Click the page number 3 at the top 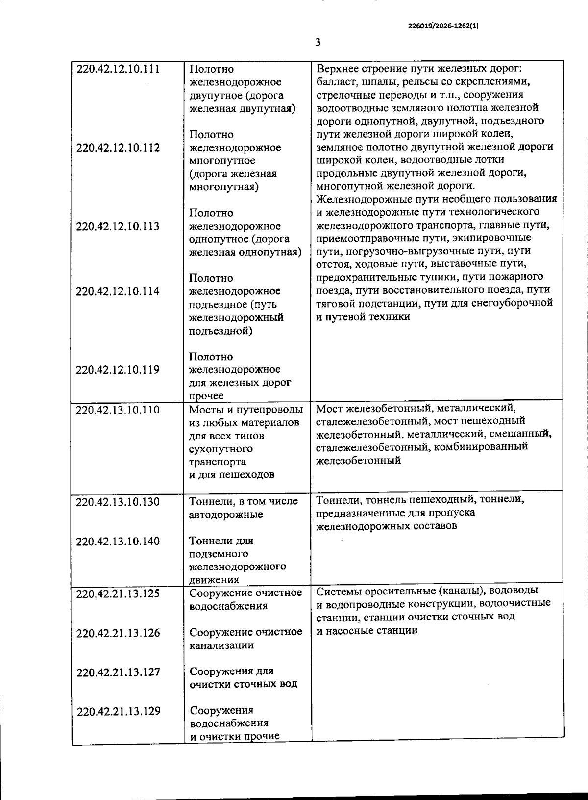tap(318, 43)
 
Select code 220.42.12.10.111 tap(118, 69)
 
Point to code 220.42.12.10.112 tap(118, 148)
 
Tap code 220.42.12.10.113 tap(118, 226)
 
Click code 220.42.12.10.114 tap(118, 291)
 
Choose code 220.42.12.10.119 tap(118, 370)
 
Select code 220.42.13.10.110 tap(118, 410)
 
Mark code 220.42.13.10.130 tap(118, 502)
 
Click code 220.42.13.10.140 tap(118, 541)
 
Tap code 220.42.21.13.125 tap(118, 594)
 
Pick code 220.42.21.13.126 tap(118, 633)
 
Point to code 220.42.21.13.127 tap(118, 672)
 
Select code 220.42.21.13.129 tap(118, 711)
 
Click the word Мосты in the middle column tap(205, 410)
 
